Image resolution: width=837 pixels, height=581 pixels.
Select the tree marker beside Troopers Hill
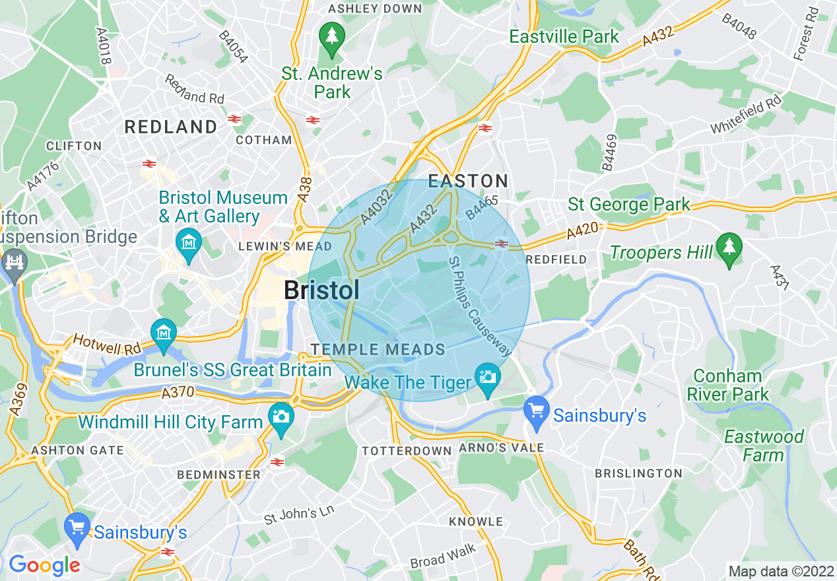click(729, 249)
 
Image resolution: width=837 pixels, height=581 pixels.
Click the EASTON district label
click(468, 181)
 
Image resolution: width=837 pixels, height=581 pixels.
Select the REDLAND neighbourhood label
click(171, 127)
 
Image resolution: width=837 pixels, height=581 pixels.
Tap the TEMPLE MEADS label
click(378, 349)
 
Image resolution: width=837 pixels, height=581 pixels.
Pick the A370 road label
click(178, 393)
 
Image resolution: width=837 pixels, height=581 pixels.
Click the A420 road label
click(582, 231)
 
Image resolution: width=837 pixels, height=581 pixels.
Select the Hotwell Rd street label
click(107, 343)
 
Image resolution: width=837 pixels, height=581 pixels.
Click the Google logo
click(44, 565)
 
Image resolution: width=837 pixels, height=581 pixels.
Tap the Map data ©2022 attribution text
click(780, 570)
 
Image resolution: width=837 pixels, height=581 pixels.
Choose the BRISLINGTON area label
click(638, 473)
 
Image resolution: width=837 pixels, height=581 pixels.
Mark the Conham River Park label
click(727, 386)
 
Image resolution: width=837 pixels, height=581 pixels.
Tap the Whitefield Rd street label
click(746, 114)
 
